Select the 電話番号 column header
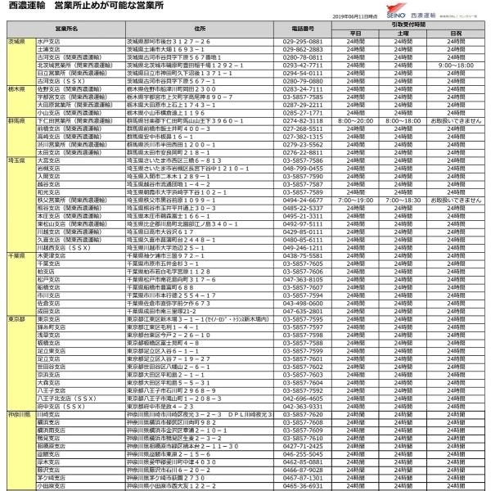pyautogui.click(x=303, y=29)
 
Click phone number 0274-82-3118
pyautogui.click(x=303, y=119)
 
